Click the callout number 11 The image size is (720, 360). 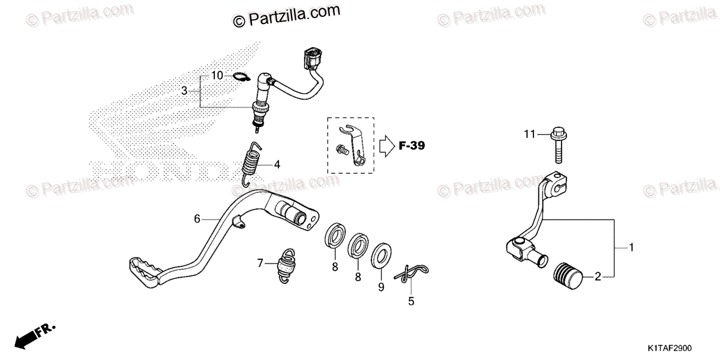coord(528,134)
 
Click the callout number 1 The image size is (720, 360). coord(631,247)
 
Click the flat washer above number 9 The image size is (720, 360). coord(379,255)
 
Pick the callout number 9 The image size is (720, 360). coord(380,287)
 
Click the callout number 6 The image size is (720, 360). coord(196,219)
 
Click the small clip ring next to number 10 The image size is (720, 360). coord(241,77)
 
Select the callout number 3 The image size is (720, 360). coord(184,91)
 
